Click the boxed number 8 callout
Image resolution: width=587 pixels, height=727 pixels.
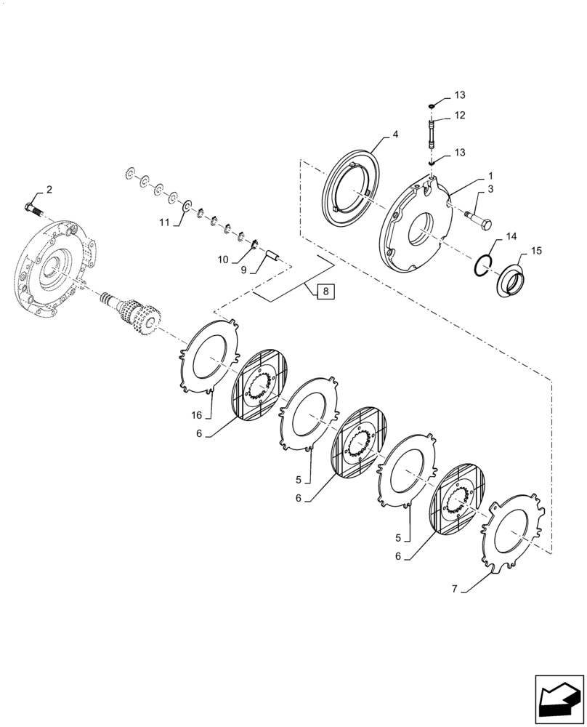[x=325, y=292]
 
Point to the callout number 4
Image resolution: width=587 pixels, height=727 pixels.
[x=396, y=134]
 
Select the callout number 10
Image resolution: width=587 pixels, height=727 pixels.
[x=224, y=259]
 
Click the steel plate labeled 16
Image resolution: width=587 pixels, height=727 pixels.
[x=210, y=356]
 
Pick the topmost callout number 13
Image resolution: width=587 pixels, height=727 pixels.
[x=459, y=95]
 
